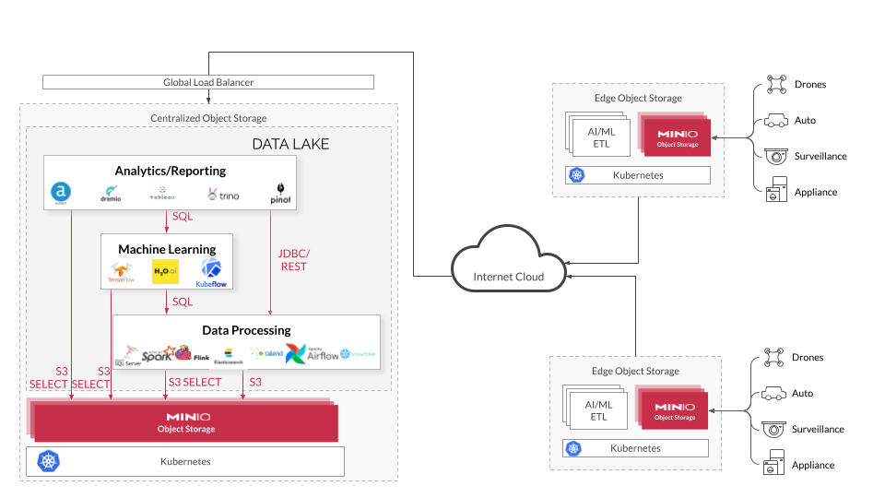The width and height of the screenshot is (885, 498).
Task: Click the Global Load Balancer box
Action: tap(208, 82)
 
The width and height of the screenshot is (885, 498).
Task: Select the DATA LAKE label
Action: tap(290, 145)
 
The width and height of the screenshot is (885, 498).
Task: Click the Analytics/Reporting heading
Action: tap(170, 171)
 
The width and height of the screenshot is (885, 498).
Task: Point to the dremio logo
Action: tap(111, 193)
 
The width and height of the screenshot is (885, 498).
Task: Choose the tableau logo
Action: tap(161, 194)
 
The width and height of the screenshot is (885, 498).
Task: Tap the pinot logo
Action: tap(279, 193)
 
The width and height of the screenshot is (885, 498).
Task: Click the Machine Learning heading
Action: tap(167, 249)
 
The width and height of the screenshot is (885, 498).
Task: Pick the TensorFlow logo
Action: tap(122, 271)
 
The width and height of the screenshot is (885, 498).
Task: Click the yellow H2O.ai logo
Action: tap(164, 270)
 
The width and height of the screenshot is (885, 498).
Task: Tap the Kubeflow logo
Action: tap(211, 272)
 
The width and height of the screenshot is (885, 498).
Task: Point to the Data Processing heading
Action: tap(246, 330)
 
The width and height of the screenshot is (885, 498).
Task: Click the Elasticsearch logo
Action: tap(227, 356)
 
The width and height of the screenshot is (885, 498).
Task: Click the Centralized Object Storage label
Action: tap(208, 118)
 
